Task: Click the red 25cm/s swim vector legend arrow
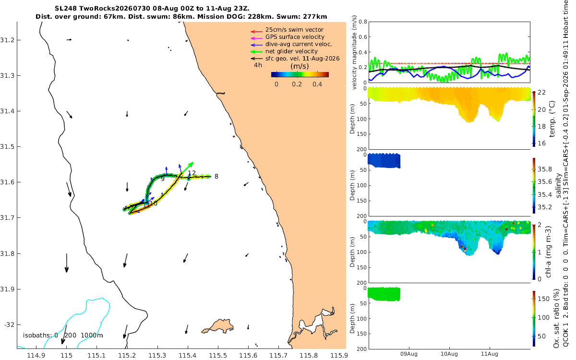pos(257,32)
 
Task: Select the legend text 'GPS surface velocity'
pos(295,37)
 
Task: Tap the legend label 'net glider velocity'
pos(292,51)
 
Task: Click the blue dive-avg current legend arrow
pos(257,45)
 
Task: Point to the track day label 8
pos(216,177)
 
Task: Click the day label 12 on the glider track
pos(192,173)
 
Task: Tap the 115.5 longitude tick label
pos(218,355)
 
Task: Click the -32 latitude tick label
pos(9,325)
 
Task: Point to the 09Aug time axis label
pos(409,354)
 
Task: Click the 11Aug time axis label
pos(490,354)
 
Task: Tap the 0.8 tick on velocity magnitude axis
pos(363,22)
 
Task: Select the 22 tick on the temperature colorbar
pos(542,92)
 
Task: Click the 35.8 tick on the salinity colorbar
pos(545,169)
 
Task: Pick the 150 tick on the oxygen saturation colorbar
pos(544,299)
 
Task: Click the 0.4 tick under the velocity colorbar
pos(317,84)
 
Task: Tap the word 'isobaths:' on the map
pos(37,336)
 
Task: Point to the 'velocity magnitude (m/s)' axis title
pos(354,52)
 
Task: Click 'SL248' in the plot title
pos(66,9)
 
